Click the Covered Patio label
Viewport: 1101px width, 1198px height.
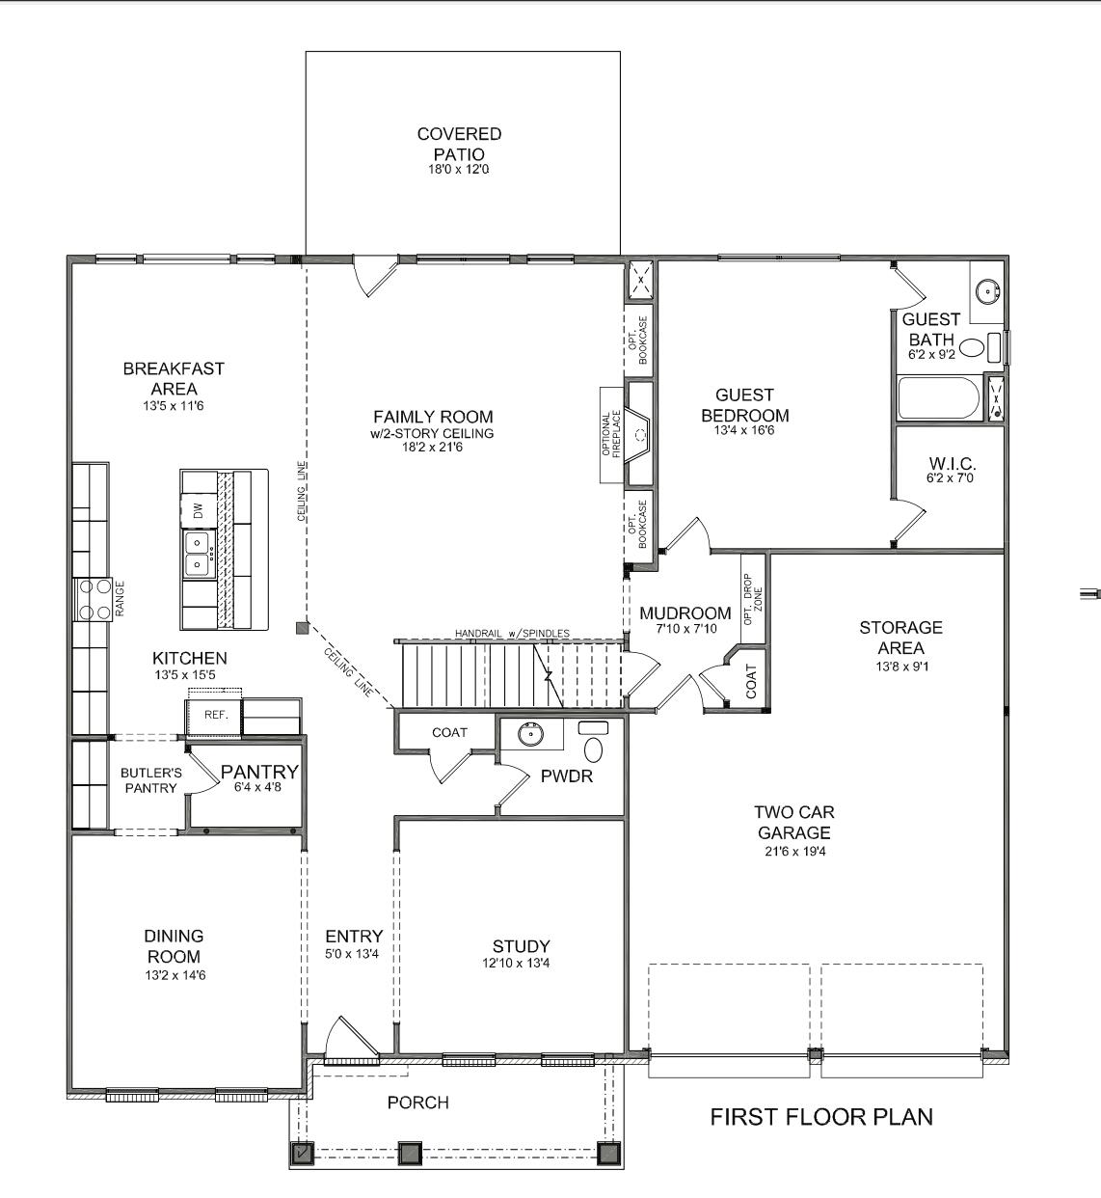click(459, 144)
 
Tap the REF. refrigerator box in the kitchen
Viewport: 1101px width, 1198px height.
click(215, 715)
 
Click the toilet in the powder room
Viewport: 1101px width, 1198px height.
click(594, 749)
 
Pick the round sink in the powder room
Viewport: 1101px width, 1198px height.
click(531, 734)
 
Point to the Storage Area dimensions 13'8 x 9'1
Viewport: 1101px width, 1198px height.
click(900, 667)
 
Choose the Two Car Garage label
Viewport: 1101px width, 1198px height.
click(793, 823)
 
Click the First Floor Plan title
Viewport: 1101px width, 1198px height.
click(821, 1117)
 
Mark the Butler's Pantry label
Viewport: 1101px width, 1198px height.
click(150, 780)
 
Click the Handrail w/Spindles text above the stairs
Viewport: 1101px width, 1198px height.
click(512, 634)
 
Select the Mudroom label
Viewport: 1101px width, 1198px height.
click(685, 613)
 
